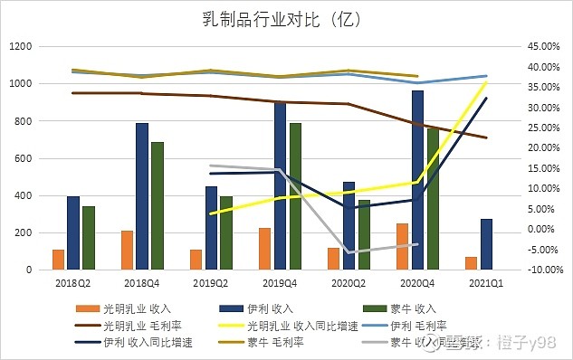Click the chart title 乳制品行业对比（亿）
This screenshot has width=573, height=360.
[x=286, y=17]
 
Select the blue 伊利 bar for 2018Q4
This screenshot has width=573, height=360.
[x=142, y=196]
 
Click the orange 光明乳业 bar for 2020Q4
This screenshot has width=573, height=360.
[x=402, y=246]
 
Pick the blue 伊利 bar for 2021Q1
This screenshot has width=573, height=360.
[x=486, y=244]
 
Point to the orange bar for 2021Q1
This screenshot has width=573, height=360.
[x=471, y=263]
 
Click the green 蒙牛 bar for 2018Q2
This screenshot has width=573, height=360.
[x=88, y=238]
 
